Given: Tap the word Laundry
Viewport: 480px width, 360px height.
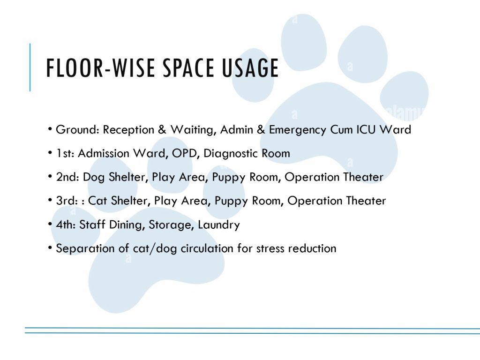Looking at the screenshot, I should [x=219, y=225].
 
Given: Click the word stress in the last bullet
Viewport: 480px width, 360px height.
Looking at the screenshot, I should [x=270, y=248].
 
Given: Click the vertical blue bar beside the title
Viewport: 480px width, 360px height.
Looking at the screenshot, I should [x=30, y=67].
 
